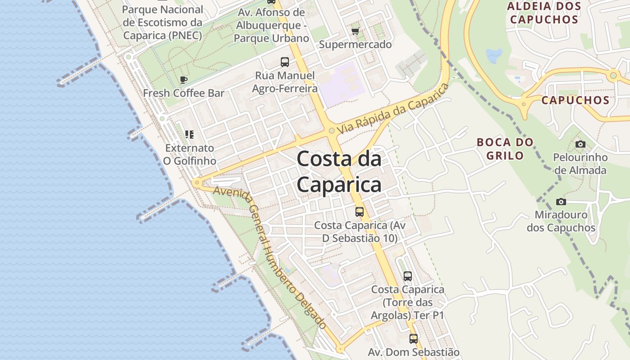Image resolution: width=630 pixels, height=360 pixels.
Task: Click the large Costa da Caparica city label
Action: (x=339, y=172)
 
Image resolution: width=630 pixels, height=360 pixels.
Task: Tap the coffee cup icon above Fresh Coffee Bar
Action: (x=184, y=80)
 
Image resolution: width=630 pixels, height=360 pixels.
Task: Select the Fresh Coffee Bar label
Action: (x=184, y=93)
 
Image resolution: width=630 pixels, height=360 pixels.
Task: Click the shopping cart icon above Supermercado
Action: (x=355, y=31)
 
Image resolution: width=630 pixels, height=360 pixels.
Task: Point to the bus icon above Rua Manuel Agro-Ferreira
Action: (x=284, y=62)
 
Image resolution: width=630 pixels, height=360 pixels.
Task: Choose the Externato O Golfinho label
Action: (x=189, y=154)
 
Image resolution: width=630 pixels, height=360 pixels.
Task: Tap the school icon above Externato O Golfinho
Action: (x=189, y=135)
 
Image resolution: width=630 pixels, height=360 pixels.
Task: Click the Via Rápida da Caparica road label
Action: (x=393, y=108)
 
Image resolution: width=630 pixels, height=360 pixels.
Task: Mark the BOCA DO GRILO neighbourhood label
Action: (x=505, y=149)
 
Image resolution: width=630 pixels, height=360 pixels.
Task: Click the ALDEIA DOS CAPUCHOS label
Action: (x=544, y=13)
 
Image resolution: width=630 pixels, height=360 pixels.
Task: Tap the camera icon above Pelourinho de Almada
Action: (x=580, y=144)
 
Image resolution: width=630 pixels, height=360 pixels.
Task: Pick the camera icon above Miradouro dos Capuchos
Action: (x=561, y=202)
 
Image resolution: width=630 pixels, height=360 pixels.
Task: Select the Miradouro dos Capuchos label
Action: (x=561, y=221)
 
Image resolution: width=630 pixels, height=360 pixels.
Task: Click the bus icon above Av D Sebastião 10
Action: (x=359, y=211)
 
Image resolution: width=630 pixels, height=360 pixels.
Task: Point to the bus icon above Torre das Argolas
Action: (x=407, y=276)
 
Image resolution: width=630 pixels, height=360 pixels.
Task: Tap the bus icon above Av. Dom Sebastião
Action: (x=413, y=339)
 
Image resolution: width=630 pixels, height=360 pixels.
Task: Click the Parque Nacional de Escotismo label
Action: (x=162, y=22)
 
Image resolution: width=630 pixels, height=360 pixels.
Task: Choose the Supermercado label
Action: (x=355, y=45)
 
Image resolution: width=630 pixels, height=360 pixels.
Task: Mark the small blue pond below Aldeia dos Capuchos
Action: (x=494, y=56)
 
